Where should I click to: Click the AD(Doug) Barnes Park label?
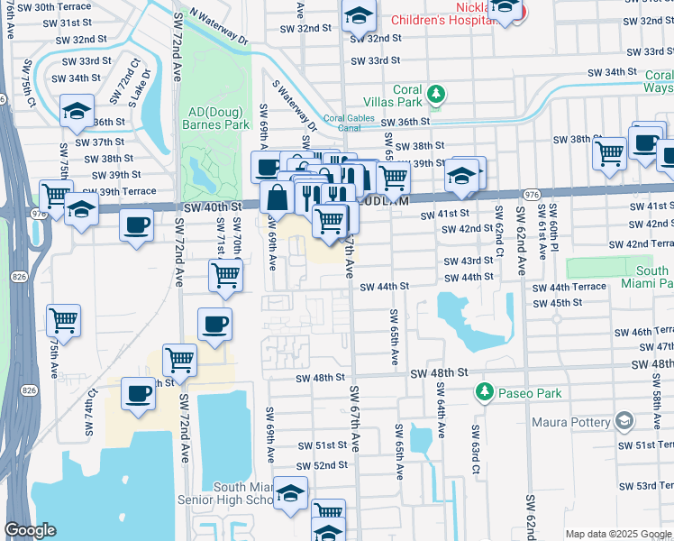click(216, 118)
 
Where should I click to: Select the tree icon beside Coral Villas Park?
click(436, 94)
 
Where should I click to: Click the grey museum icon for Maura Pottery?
click(624, 421)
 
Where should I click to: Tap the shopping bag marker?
click(278, 197)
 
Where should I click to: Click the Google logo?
click(32, 530)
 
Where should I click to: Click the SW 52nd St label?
click(322, 465)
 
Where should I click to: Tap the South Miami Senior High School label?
click(243, 493)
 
